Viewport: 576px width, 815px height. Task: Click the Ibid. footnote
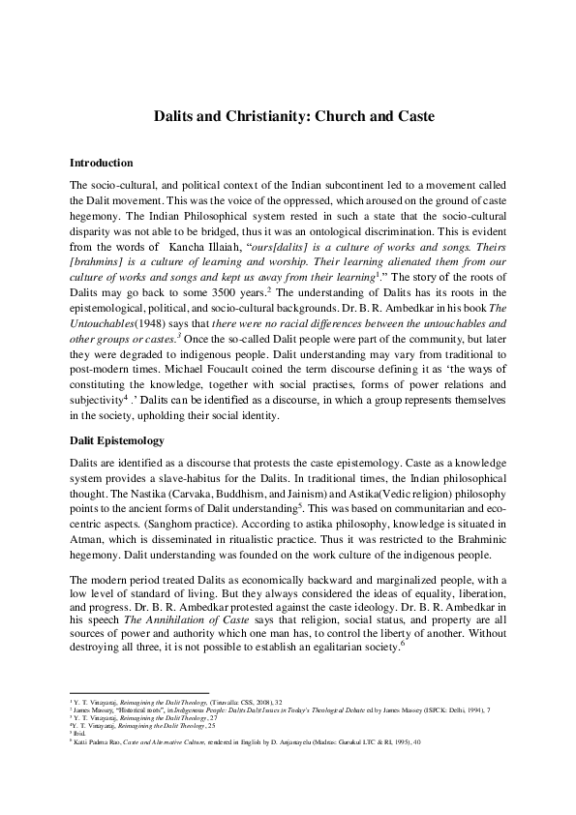click(80, 736)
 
